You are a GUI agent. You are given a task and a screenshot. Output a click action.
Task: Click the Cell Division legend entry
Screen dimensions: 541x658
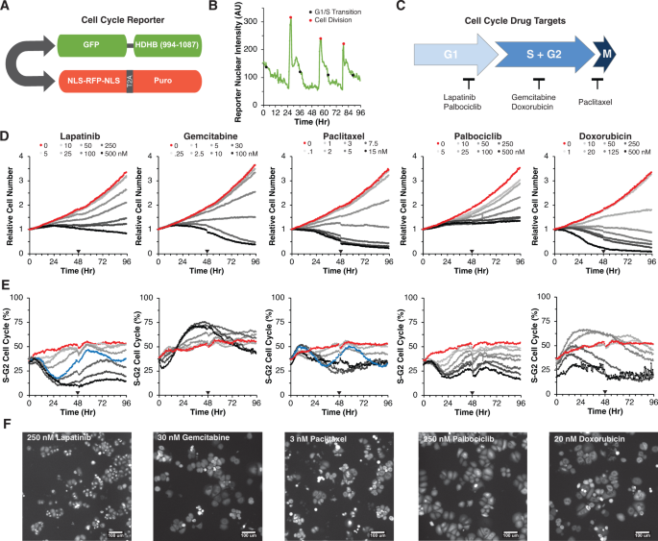point(337,20)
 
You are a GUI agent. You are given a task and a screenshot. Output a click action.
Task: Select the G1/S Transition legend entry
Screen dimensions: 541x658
point(344,12)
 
